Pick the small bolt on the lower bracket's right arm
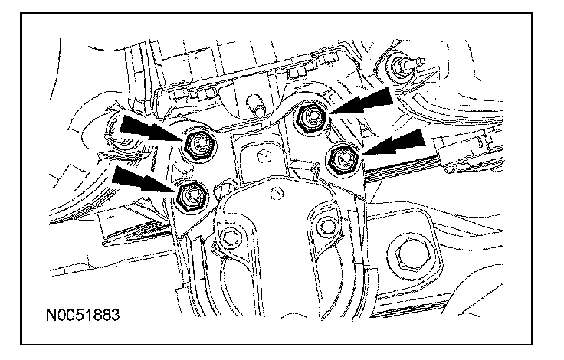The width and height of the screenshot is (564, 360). pos(326,225)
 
